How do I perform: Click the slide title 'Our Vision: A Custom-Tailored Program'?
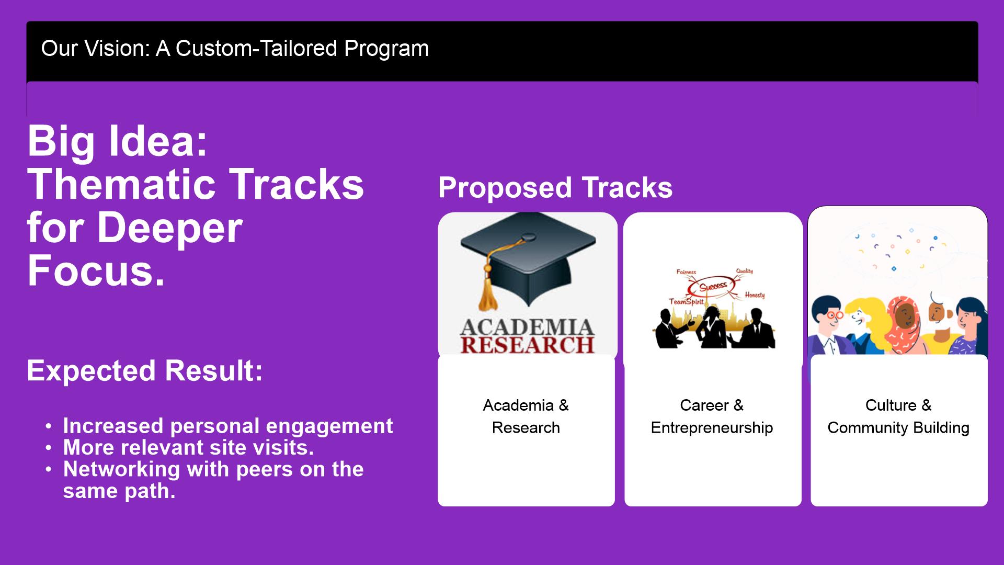click(x=235, y=49)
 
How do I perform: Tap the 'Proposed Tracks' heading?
click(x=555, y=188)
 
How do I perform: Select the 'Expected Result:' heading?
click(x=145, y=370)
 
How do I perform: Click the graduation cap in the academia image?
click(x=528, y=259)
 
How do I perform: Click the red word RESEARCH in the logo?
click(x=528, y=345)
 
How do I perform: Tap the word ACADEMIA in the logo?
click(x=528, y=327)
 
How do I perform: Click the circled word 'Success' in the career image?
click(x=713, y=286)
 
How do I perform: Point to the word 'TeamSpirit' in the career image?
click(x=686, y=302)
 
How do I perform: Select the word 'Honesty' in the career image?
click(x=755, y=295)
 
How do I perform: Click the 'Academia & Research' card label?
click(x=526, y=416)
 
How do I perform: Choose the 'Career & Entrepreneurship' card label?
click(x=712, y=416)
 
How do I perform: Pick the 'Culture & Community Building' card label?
click(x=898, y=416)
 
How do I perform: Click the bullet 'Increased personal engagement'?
click(x=228, y=426)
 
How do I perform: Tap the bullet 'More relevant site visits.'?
click(x=188, y=448)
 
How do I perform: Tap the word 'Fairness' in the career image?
click(x=686, y=272)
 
